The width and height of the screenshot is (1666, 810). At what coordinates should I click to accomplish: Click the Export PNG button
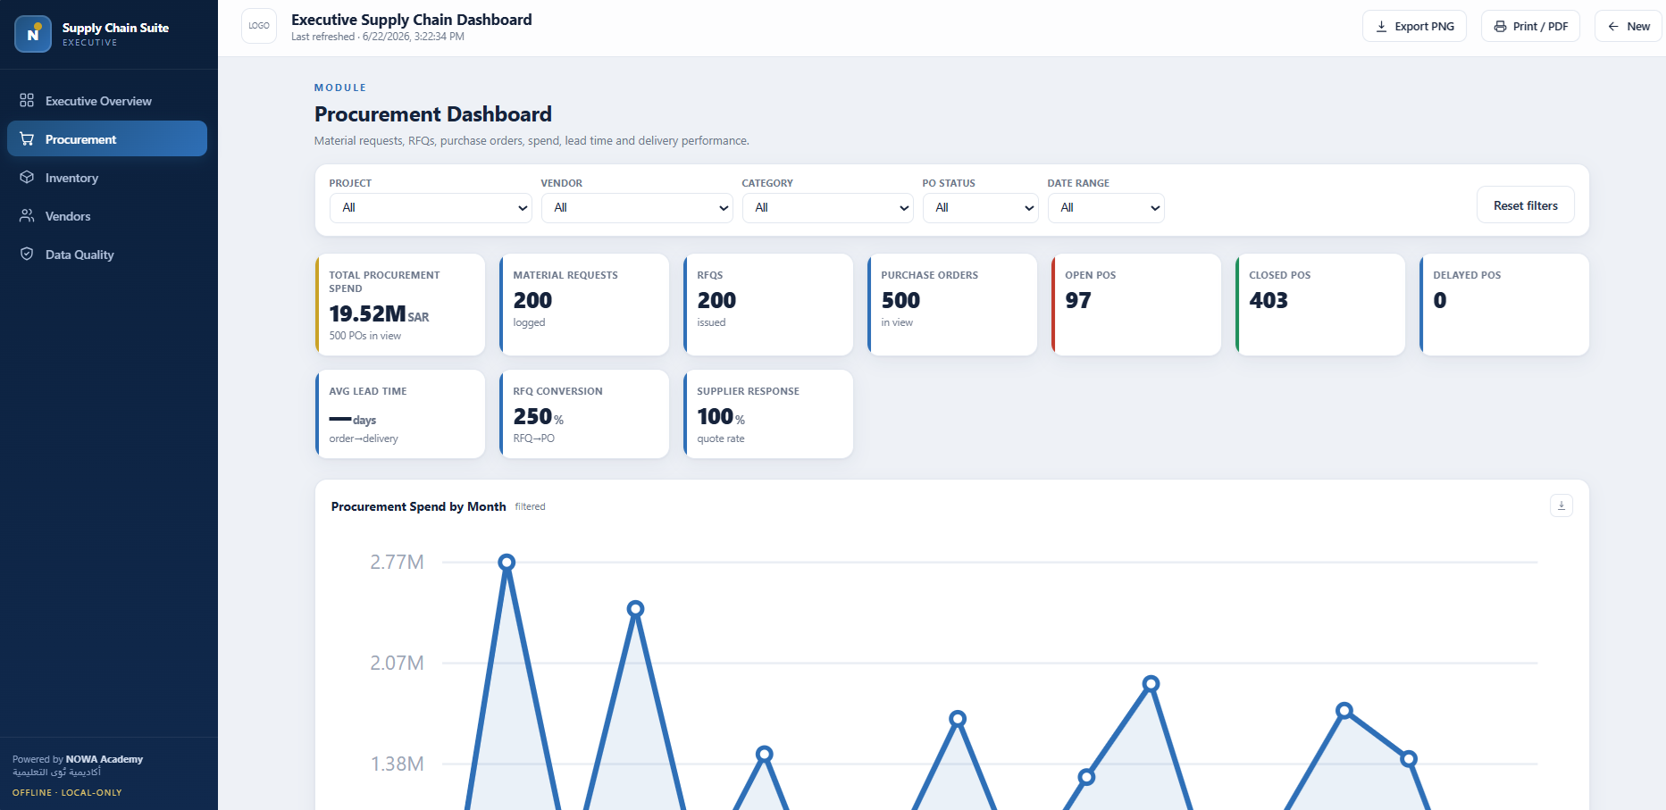click(1414, 27)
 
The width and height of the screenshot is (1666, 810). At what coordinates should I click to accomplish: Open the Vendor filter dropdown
click(637, 208)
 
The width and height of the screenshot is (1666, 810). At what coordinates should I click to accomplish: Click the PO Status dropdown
click(981, 208)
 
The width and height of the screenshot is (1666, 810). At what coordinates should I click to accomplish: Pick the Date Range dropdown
click(1106, 208)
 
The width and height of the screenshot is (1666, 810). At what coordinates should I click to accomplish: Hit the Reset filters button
click(1526, 205)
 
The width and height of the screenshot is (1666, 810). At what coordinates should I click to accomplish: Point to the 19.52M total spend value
click(368, 314)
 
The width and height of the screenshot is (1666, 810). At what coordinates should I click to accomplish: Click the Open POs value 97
click(1078, 301)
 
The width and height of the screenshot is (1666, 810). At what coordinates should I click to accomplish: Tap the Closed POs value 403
click(1268, 301)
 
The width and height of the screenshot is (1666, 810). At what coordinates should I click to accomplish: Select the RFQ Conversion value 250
click(532, 417)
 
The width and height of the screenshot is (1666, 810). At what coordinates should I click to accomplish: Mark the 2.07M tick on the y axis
click(398, 663)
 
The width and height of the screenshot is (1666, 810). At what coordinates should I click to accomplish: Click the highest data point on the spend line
click(506, 562)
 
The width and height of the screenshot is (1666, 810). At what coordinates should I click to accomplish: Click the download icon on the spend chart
click(1561, 505)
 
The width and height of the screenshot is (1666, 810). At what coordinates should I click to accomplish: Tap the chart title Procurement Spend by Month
click(418, 506)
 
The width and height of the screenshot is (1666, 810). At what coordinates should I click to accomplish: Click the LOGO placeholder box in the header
click(259, 26)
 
